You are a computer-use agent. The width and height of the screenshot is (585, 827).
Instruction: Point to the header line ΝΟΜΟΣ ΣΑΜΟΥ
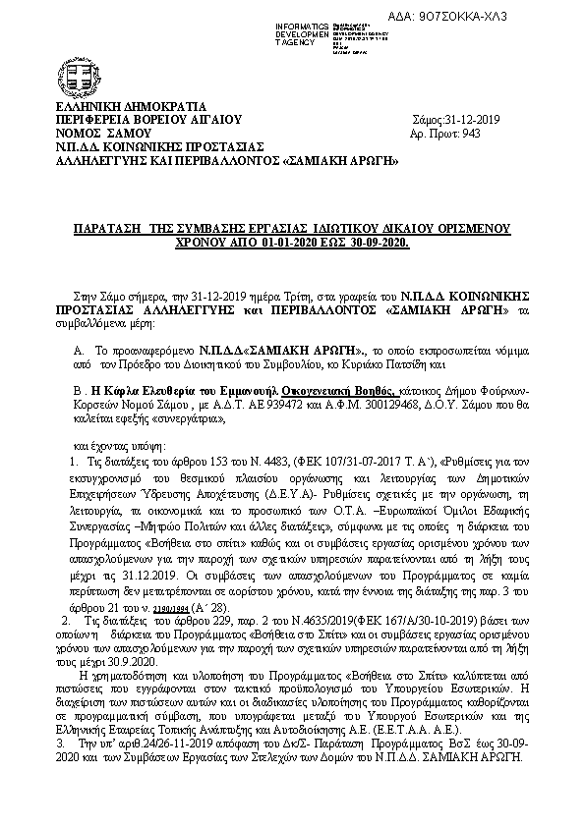point(103,132)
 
